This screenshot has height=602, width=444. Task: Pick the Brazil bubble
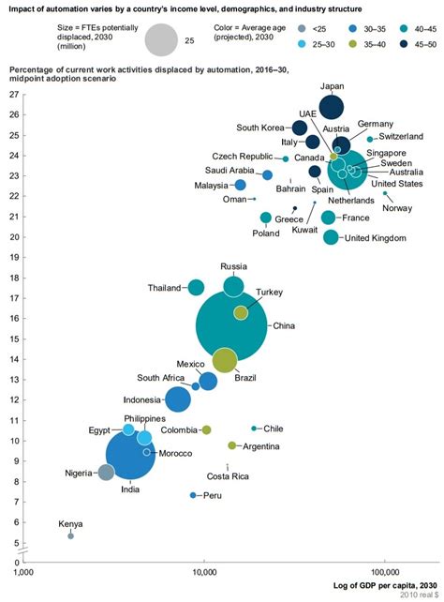[x=225, y=359]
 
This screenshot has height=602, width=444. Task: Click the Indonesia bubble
[x=177, y=399]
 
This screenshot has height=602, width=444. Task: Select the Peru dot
[x=193, y=495]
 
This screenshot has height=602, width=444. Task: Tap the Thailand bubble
[x=196, y=287]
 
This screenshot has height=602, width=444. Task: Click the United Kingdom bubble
[x=331, y=237]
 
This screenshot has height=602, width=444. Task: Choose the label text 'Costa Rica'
[x=227, y=476]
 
